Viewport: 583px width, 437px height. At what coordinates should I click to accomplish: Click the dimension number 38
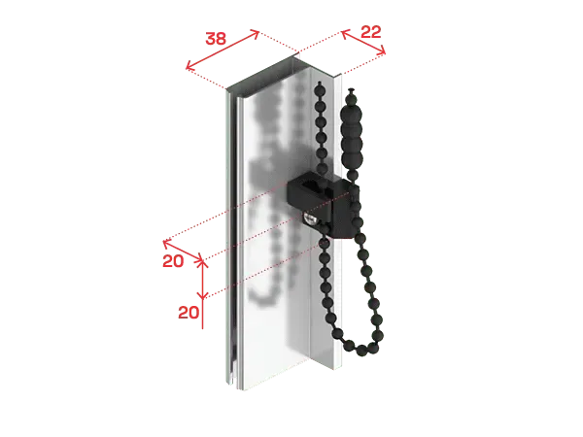click(216, 38)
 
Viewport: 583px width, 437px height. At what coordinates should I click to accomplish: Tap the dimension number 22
click(371, 32)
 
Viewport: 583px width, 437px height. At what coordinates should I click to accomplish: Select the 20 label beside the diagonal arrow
click(173, 261)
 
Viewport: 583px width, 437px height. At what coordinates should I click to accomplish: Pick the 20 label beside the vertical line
click(189, 313)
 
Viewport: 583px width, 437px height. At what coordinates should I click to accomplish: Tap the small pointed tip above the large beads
click(352, 90)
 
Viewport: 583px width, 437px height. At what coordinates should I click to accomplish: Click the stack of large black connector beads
click(353, 129)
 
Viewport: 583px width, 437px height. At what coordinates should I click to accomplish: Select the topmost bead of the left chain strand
click(319, 87)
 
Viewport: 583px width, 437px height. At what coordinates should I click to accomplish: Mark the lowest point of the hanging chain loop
click(361, 350)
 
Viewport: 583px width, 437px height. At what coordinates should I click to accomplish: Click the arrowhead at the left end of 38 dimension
click(189, 67)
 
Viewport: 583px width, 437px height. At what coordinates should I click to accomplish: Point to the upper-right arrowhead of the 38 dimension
click(256, 33)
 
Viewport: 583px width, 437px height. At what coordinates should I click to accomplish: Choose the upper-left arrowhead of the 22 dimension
click(344, 33)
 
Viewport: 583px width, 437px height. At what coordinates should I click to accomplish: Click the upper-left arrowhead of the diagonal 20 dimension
click(166, 243)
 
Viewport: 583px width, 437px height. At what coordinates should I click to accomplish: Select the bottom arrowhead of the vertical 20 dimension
click(203, 296)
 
